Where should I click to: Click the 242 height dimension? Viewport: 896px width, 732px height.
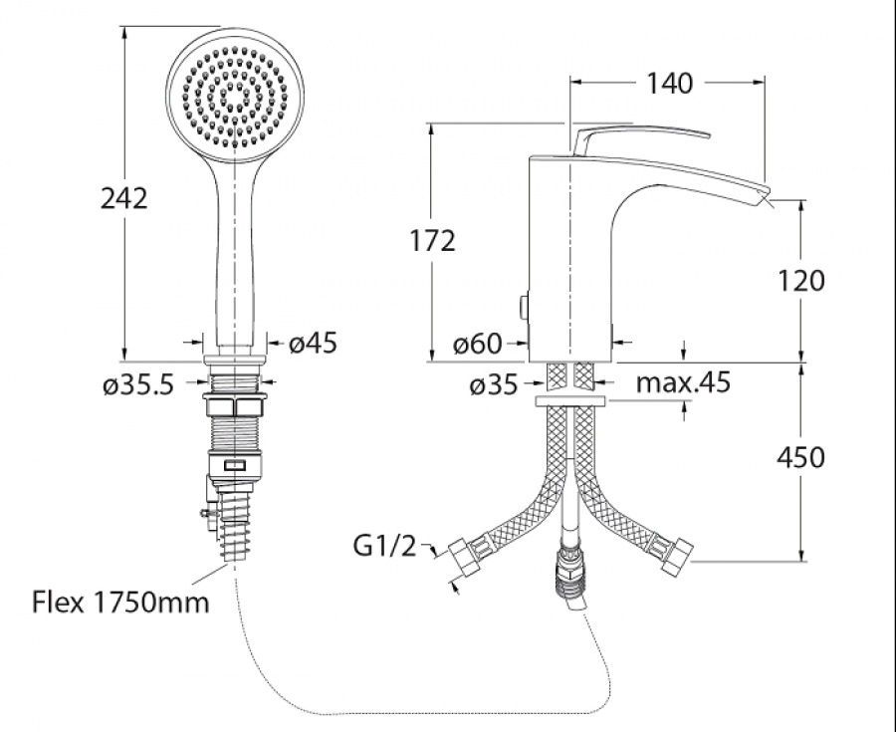click(x=124, y=198)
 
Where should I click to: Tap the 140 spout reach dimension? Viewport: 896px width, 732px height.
click(x=669, y=84)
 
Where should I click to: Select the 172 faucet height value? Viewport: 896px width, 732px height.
click(x=433, y=241)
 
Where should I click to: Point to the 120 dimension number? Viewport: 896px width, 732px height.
click(x=801, y=281)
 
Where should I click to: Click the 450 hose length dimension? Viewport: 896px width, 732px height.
click(x=801, y=457)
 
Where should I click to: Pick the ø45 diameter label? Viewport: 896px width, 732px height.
click(x=314, y=343)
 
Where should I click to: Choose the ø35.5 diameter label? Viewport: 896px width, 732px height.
click(x=138, y=385)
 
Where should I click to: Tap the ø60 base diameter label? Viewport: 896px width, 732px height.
click(x=478, y=344)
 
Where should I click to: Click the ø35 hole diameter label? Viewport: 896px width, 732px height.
click(x=493, y=385)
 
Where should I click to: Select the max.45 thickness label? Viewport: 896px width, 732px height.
click(x=683, y=381)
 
